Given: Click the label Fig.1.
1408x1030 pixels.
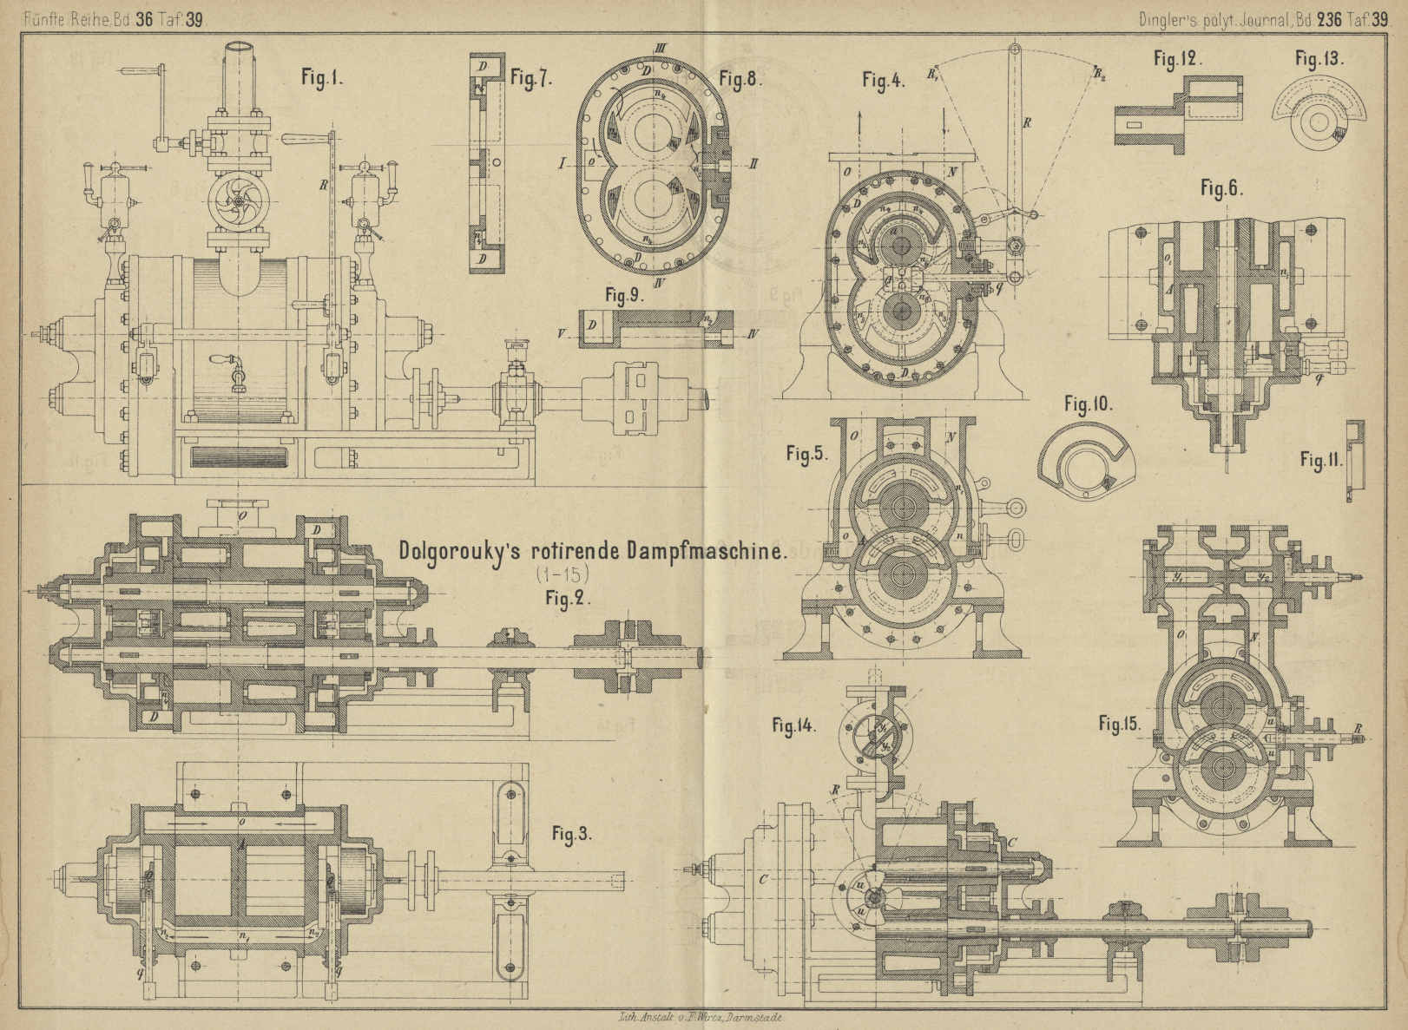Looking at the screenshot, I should pos(322,77).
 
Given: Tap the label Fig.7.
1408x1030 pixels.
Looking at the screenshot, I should pos(530,78).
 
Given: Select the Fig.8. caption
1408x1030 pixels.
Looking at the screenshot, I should pos(740,79).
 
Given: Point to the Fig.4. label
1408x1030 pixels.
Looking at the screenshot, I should pos(883,81).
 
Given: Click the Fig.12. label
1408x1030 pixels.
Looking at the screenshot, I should pos(1178,59).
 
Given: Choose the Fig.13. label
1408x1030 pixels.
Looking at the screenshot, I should pos(1319,59).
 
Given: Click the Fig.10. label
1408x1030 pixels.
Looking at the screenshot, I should pos(1088,404).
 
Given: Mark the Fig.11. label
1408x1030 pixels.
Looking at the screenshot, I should pos(1320,461).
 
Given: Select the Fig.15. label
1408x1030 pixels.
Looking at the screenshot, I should pos(1120,723).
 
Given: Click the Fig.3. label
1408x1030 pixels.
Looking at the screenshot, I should pos(572,835).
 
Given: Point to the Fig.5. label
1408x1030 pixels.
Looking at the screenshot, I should pos(807,454).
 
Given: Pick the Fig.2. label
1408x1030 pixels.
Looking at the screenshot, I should pos(568,598).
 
